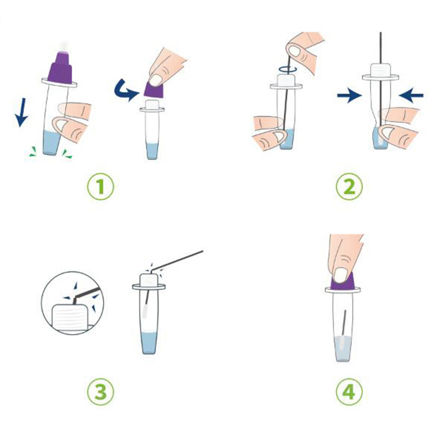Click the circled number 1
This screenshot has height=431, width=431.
coord(100,186)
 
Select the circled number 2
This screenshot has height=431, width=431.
coord(349,186)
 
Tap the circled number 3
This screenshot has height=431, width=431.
coord(100,391)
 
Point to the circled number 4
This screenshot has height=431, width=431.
coord(349,391)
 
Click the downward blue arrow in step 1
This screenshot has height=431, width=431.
coord(22,112)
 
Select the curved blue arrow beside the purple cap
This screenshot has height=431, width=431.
coord(125,90)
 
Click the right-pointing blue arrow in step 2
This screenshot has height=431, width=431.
coord(349,95)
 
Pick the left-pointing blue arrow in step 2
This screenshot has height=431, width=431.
coord(411,95)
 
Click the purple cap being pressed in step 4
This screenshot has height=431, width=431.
coord(343,283)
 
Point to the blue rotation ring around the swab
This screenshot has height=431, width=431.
coord(287,70)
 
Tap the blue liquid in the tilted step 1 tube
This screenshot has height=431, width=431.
coord(52,143)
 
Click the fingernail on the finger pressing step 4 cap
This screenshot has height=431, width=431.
coord(340,275)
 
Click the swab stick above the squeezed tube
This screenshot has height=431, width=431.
coord(380,48)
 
